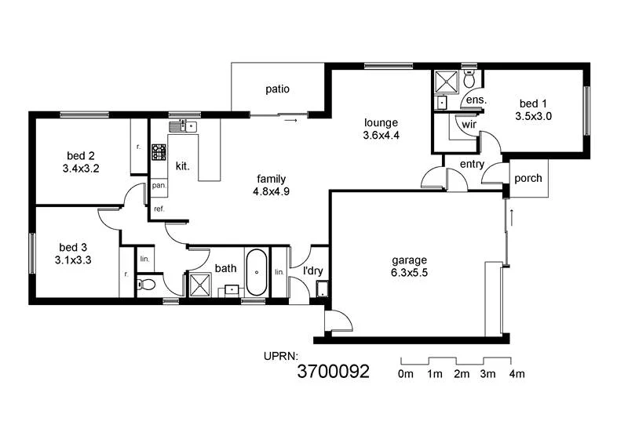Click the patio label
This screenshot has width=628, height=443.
click(277, 89)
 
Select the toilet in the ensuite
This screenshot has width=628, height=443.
click(469, 79)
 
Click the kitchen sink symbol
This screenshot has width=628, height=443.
click(185, 125)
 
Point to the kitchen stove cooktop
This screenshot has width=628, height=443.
click(159, 151)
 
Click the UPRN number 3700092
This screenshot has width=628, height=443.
click(334, 372)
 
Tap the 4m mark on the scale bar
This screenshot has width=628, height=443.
click(516, 374)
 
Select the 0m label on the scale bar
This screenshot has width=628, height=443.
click(406, 374)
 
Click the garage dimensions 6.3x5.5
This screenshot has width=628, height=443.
click(410, 273)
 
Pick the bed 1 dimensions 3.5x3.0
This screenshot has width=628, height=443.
click(534, 115)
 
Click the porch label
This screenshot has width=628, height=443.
click(528, 178)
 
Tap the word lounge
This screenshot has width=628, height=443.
click(381, 122)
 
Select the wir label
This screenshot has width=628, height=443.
click(469, 124)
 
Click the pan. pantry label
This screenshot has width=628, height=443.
click(159, 186)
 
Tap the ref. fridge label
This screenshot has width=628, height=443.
click(159, 209)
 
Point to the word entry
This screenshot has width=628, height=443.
click(473, 164)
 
